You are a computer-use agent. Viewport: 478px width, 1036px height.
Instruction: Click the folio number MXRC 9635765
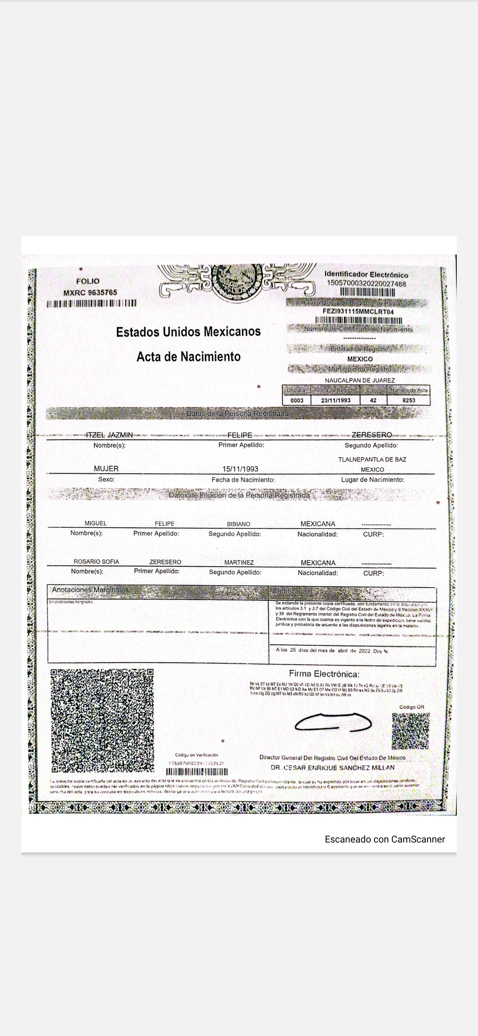[x=90, y=292]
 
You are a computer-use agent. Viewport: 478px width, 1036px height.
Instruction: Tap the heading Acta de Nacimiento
[x=189, y=356]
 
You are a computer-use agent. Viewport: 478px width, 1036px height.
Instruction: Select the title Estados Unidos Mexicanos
[x=189, y=332]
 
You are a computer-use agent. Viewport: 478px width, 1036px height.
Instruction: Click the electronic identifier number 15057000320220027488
[x=366, y=284]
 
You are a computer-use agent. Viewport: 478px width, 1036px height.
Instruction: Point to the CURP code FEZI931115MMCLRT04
[x=358, y=311]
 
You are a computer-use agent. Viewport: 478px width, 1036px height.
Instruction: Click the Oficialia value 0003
[x=297, y=400]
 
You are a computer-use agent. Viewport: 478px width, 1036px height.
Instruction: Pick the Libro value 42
[x=373, y=400]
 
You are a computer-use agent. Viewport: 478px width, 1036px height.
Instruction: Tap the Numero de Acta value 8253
[x=409, y=400]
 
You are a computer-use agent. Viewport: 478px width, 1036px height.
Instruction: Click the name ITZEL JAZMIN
[x=109, y=435]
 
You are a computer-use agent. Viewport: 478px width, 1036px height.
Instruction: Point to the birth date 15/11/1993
[x=240, y=469]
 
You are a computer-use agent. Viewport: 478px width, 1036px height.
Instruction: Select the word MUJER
[x=106, y=468]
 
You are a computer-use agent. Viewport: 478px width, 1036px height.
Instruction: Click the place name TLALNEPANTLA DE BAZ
[x=372, y=460]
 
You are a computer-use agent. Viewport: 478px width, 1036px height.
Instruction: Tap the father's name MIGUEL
[x=96, y=523]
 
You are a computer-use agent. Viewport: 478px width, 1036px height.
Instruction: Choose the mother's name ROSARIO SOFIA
[x=96, y=561]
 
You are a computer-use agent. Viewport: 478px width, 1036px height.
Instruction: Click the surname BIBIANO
[x=239, y=524]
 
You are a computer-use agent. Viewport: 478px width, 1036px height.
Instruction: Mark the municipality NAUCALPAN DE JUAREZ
[x=360, y=380]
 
